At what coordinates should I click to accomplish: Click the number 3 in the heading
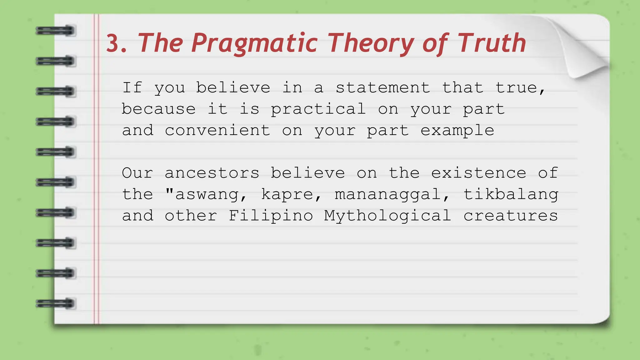coord(113,43)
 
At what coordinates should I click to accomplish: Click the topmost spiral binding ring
coord(56,31)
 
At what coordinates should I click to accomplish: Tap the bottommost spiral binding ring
coord(56,303)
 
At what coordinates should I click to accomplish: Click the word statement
coord(383,87)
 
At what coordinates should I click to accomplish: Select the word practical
coord(318,109)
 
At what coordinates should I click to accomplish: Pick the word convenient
coord(217,130)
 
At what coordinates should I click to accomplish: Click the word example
coord(457,131)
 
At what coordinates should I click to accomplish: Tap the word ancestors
coord(212,173)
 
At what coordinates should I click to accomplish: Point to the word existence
coord(478,173)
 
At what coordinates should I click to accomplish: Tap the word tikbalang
coord(511,194)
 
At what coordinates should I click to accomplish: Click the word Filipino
coord(271,216)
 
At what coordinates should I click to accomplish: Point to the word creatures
coord(511,216)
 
